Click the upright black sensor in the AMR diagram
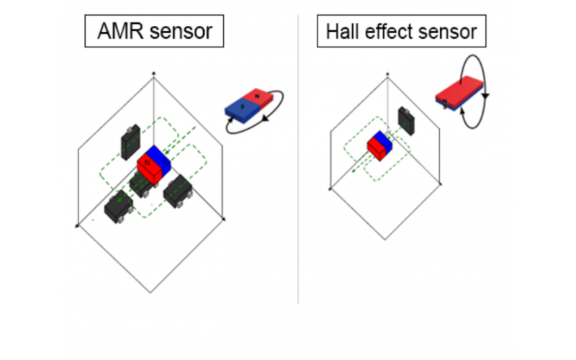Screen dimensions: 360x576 pyautogui.click(x=130, y=143)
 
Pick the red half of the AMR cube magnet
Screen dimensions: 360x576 pyautogui.click(x=148, y=166)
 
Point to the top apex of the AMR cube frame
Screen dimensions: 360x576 pyautogui.click(x=153, y=73)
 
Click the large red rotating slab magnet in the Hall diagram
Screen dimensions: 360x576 pyautogui.click(x=459, y=91)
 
